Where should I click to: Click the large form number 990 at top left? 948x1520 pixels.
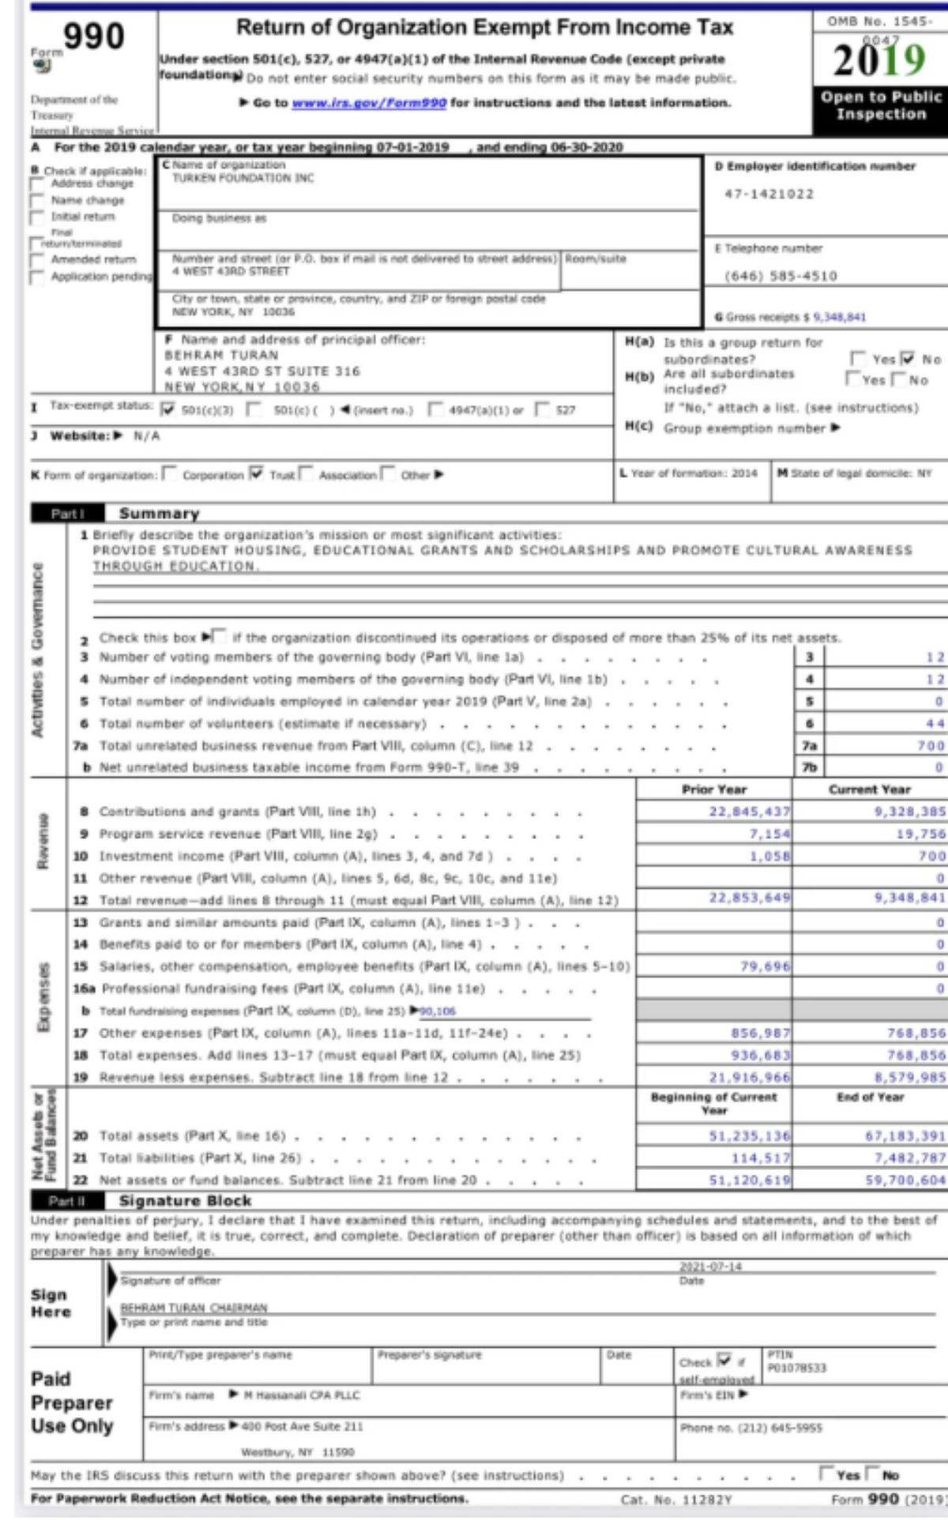[93, 36]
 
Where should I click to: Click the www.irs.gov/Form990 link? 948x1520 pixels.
[369, 103]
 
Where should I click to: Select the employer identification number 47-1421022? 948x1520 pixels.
[769, 194]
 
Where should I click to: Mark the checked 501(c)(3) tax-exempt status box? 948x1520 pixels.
[167, 409]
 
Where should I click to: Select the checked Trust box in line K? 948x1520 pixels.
[256, 474]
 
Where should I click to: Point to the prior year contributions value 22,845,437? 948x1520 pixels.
[749, 811]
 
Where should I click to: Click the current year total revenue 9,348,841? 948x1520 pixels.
[909, 897]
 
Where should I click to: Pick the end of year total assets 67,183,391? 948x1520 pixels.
[905, 1136]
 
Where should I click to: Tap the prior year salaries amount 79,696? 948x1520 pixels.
[764, 966]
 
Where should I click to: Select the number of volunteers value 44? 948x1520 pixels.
[935, 723]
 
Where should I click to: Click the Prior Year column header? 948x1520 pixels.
[713, 789]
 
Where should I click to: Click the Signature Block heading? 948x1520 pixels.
[185, 1201]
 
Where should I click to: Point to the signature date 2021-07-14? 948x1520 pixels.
[710, 1266]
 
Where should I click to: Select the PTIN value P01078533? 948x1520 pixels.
[796, 1368]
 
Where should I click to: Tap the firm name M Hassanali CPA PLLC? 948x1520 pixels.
[301, 1395]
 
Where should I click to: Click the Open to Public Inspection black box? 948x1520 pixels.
[880, 106]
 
